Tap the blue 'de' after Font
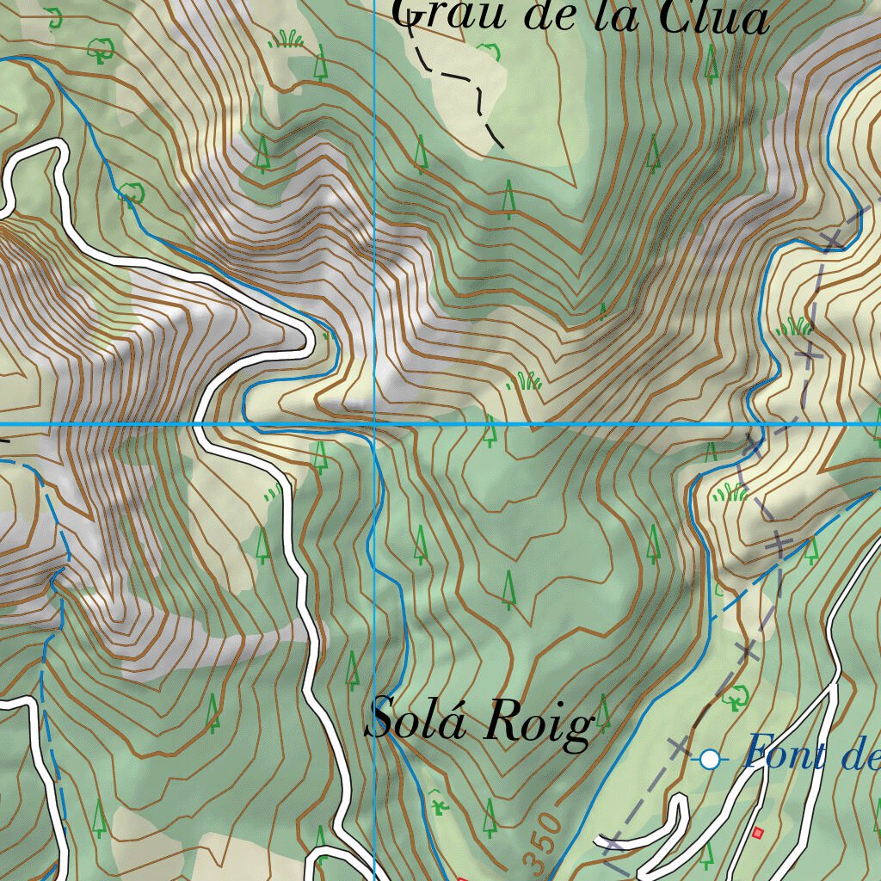click(x=860, y=755)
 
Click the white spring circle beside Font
click(x=709, y=759)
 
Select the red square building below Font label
click(x=757, y=832)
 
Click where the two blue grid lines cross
click(x=375, y=424)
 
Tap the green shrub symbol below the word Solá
click(x=440, y=805)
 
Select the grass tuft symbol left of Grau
click(x=286, y=39)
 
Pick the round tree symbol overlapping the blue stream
click(x=130, y=194)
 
